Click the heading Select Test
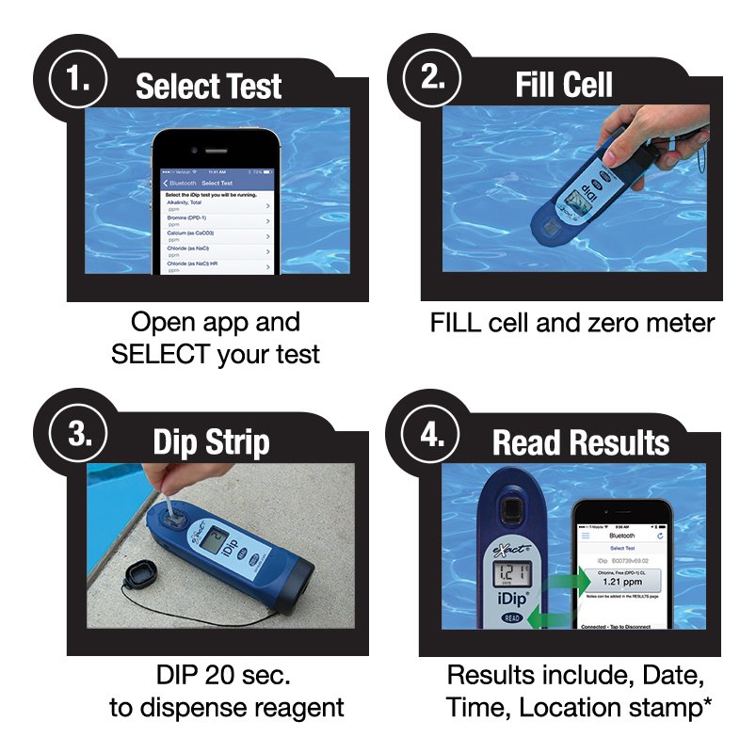[208, 87]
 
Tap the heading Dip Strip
[211, 442]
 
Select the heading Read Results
[581, 442]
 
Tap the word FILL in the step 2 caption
[454, 323]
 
